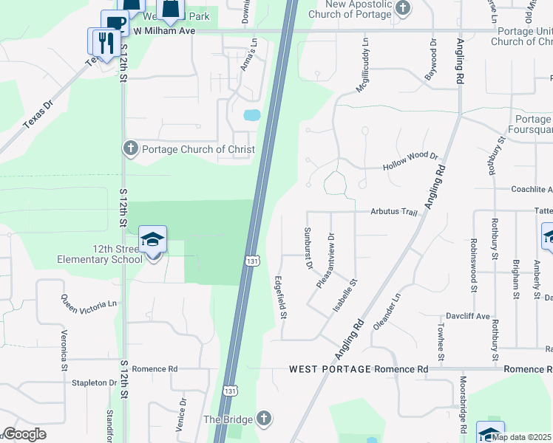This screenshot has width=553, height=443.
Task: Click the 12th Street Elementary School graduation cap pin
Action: [x=153, y=241]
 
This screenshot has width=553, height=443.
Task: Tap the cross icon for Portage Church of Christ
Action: [x=131, y=148]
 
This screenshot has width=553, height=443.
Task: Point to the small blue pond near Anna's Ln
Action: [x=252, y=115]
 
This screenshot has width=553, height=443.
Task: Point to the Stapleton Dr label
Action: [x=95, y=383]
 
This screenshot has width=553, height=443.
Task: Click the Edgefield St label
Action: [x=280, y=298]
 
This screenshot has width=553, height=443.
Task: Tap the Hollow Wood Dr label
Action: [x=410, y=162]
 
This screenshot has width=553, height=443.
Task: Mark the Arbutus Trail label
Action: [x=394, y=212]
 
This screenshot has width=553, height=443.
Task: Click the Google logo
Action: [x=24, y=434]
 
